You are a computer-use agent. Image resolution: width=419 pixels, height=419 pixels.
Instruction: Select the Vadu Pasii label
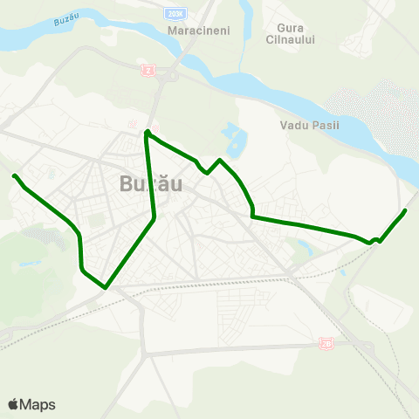click(x=308, y=125)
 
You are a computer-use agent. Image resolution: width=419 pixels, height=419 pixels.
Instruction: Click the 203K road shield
click(x=177, y=14)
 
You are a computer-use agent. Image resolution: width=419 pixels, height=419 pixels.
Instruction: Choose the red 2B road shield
click(x=326, y=343)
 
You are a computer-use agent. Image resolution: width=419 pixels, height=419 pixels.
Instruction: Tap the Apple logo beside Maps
click(x=14, y=404)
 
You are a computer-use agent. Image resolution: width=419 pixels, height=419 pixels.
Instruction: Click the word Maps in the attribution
click(x=38, y=404)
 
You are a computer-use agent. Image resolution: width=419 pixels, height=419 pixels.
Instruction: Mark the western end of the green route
click(x=14, y=176)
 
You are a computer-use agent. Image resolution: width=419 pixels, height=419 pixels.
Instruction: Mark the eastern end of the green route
click(x=406, y=210)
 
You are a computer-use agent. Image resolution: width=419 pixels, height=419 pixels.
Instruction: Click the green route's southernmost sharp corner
click(x=105, y=286)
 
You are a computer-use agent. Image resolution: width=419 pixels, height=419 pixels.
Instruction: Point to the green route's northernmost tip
click(x=147, y=131)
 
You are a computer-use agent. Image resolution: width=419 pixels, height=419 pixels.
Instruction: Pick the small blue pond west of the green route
click(x=31, y=262)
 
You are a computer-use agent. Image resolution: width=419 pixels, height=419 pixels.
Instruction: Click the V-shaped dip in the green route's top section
click(x=206, y=172)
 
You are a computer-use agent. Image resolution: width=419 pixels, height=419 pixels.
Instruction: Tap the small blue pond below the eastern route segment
click(x=303, y=250)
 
